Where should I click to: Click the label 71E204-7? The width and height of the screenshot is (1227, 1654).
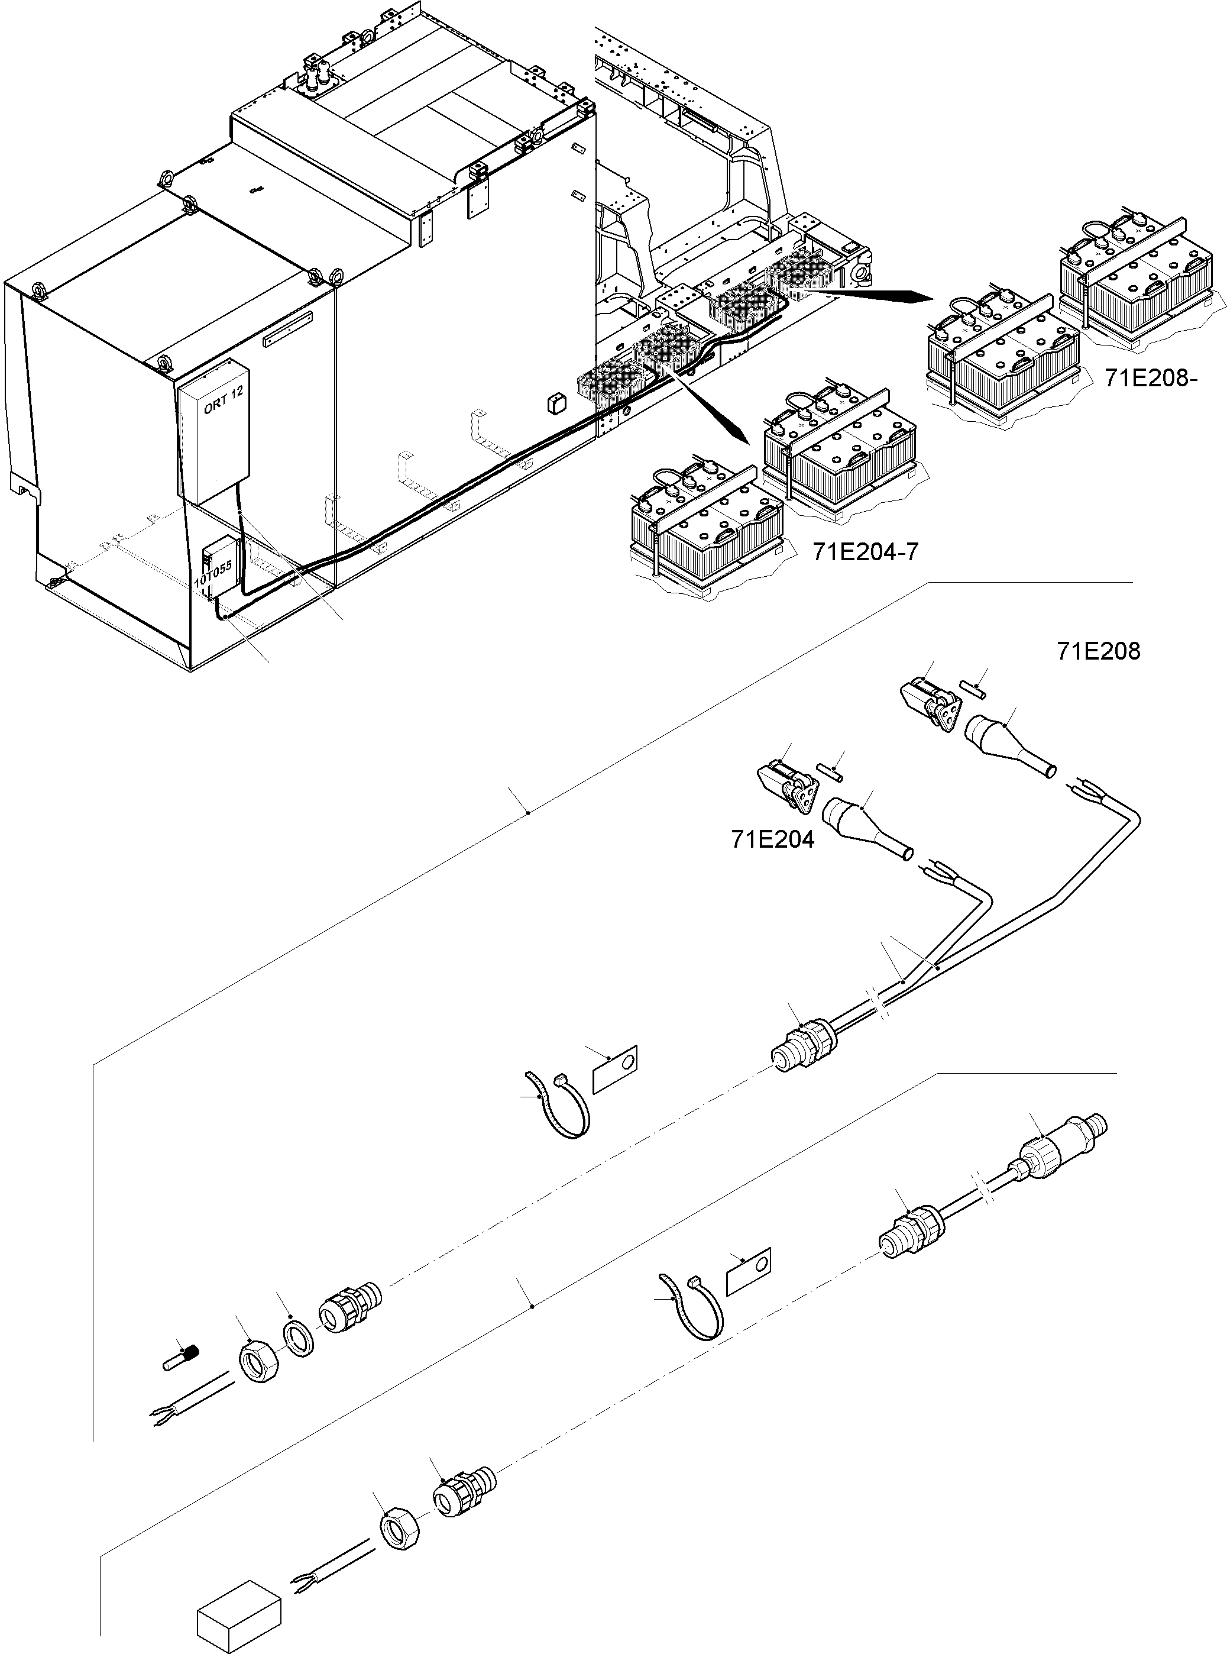tap(865, 551)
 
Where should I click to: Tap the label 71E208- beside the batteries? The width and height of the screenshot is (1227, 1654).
tap(1151, 378)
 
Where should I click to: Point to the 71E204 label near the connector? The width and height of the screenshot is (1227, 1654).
tap(772, 839)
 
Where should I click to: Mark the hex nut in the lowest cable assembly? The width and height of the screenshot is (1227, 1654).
tap(400, 1530)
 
